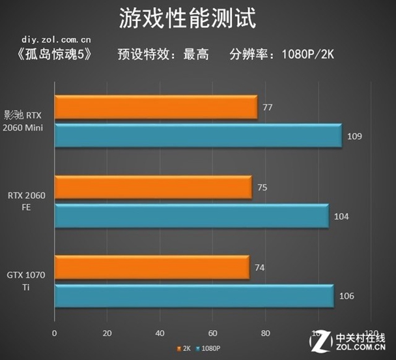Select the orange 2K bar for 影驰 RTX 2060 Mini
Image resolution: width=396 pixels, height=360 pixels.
pyautogui.click(x=156, y=108)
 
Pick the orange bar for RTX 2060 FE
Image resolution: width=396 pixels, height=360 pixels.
pyautogui.click(x=154, y=188)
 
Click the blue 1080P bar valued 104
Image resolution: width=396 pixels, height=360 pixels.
pyautogui.click(x=191, y=216)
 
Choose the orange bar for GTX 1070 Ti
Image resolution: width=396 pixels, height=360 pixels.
pyautogui.click(x=152, y=267)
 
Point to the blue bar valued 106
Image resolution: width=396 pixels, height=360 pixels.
pyautogui.click(x=194, y=295)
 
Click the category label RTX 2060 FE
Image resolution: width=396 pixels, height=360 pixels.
pyautogui.click(x=27, y=201)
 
